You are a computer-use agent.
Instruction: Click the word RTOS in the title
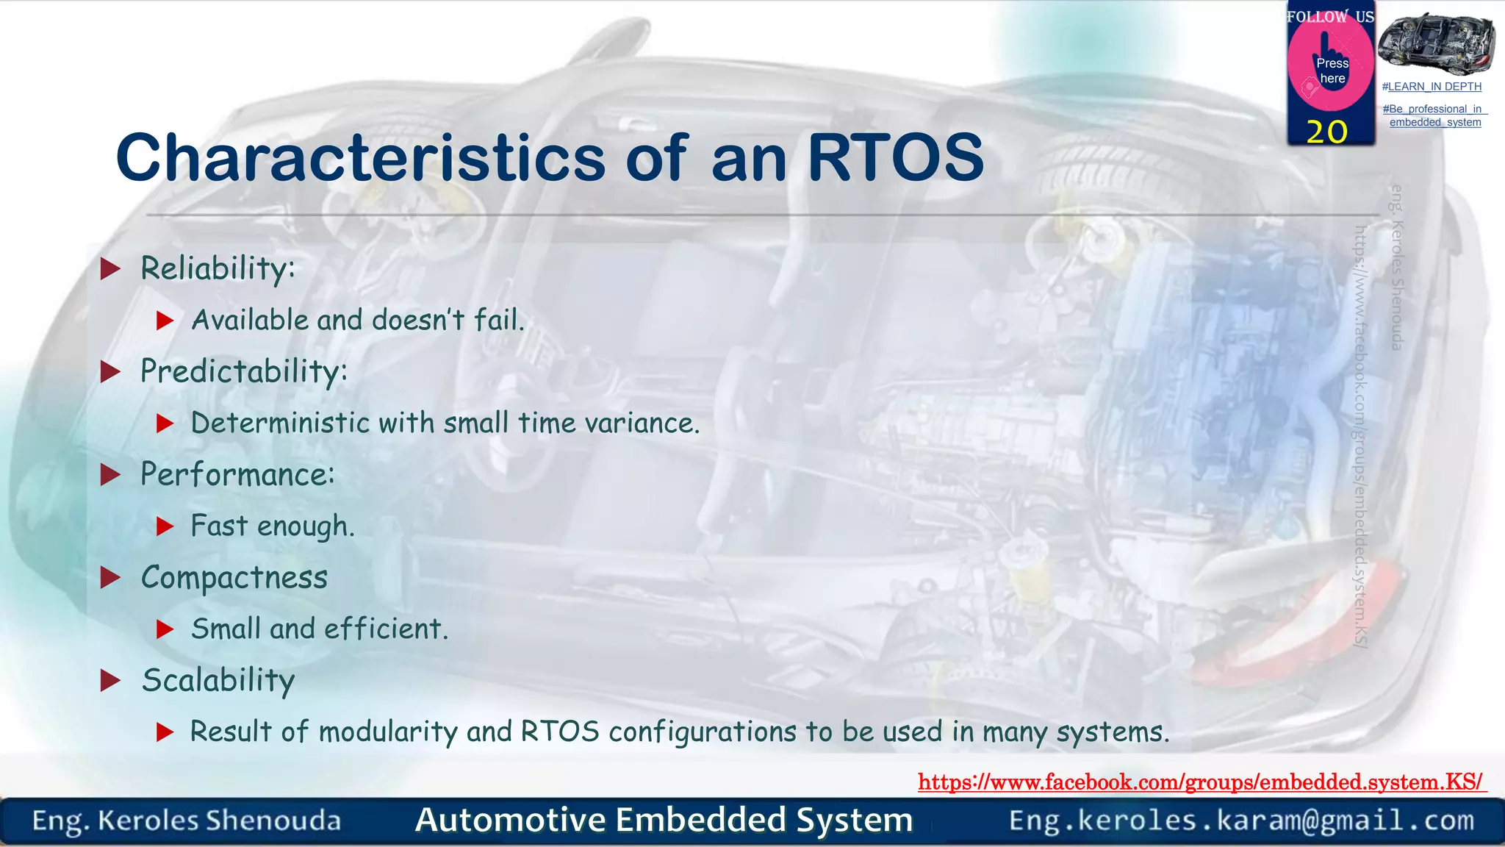pos(895,158)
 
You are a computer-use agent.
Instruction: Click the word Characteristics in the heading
pos(360,158)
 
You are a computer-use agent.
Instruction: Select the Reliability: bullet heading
pos(218,268)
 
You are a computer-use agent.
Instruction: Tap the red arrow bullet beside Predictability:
pos(110,372)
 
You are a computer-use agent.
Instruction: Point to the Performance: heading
pos(237,474)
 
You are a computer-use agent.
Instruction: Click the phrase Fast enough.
pos(272,526)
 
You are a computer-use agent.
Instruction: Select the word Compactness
pos(234,578)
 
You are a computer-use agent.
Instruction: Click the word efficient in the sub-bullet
pos(385,629)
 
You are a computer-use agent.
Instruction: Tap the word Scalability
pos(218,681)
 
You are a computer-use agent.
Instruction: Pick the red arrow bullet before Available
pos(165,321)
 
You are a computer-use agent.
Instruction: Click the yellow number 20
pos(1327,132)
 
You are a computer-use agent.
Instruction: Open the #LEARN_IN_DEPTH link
pos(1432,87)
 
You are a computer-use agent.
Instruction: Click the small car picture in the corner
pos(1435,44)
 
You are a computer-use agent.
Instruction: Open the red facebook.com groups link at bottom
pos(1201,782)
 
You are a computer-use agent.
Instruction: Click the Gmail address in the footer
pos(1241,821)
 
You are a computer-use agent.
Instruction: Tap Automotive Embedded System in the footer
pos(664,821)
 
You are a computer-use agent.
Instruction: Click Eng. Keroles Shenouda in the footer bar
pos(187,821)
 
